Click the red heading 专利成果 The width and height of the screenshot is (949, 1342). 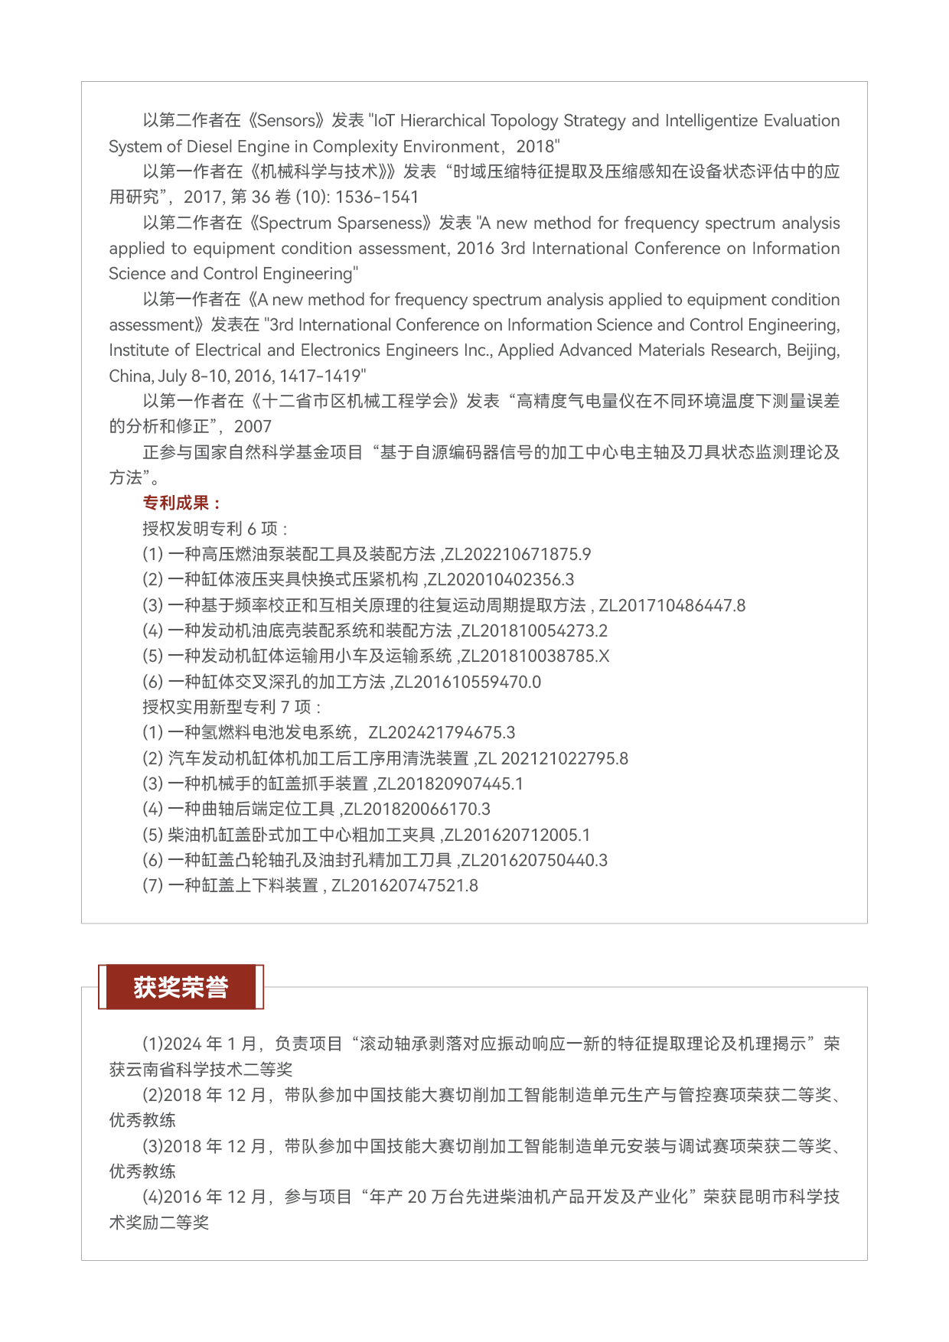(181, 503)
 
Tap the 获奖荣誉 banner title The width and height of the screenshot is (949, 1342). (181, 987)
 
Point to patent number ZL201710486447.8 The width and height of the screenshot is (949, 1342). (671, 605)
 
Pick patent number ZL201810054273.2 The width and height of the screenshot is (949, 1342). (534, 630)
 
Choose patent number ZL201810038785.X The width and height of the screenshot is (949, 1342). (535, 656)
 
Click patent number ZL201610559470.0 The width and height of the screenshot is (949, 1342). (468, 682)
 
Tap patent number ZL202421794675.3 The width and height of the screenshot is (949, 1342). (442, 732)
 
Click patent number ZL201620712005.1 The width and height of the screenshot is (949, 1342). (517, 835)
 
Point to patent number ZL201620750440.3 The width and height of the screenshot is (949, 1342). (534, 860)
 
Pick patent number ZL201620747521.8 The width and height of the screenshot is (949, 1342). (404, 885)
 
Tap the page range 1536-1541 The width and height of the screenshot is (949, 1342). (377, 197)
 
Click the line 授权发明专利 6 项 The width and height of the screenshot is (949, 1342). (214, 529)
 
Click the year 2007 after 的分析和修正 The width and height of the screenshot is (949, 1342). (253, 426)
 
